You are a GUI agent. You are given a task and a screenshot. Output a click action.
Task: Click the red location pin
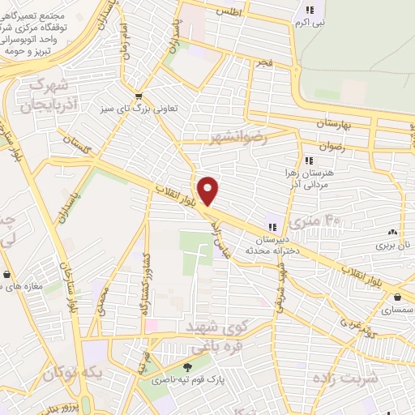208,190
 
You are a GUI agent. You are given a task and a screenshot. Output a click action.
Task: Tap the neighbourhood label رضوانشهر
237,139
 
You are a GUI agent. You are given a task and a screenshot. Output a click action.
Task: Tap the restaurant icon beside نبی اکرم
309,11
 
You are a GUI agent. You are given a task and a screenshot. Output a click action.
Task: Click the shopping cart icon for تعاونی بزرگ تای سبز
139,95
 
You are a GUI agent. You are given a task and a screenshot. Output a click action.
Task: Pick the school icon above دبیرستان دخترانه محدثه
272,228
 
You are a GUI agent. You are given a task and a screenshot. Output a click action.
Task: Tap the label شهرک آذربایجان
41,94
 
